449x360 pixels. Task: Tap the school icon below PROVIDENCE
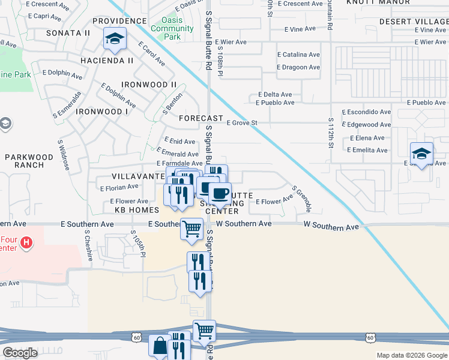point(114,41)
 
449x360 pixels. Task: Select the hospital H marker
point(26,243)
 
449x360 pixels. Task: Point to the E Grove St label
point(242,123)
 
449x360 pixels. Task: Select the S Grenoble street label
point(302,199)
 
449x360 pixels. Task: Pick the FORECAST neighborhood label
point(201,118)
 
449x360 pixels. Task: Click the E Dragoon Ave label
point(298,67)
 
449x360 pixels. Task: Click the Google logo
point(20,353)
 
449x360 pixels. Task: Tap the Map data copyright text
point(411,355)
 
